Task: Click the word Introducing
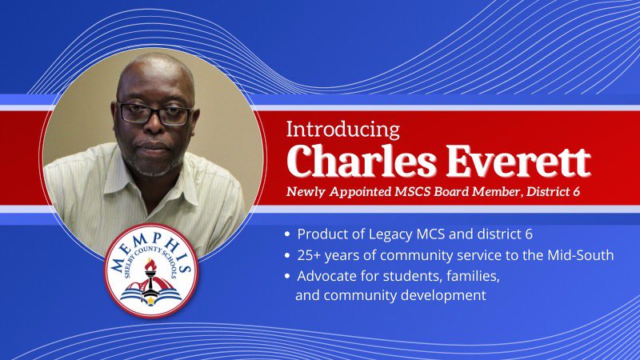point(343,130)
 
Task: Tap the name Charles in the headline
point(362,162)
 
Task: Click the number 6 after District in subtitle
point(575,191)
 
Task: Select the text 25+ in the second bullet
point(309,255)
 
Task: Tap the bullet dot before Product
point(288,234)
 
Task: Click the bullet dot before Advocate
point(288,276)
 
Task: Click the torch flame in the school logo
point(150,266)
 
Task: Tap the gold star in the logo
point(150,301)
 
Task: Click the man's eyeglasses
point(155,114)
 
